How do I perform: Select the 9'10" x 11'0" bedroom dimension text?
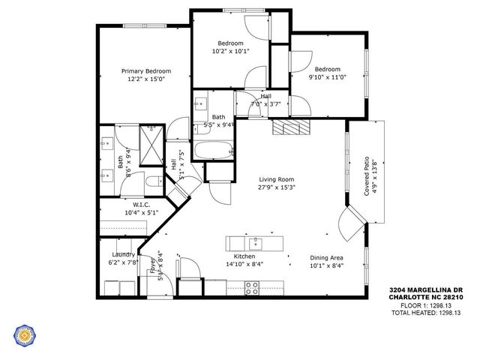pos(327,77)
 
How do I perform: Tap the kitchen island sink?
pos(256,243)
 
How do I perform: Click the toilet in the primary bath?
pos(152,181)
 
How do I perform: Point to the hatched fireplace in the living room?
pos(289,127)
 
